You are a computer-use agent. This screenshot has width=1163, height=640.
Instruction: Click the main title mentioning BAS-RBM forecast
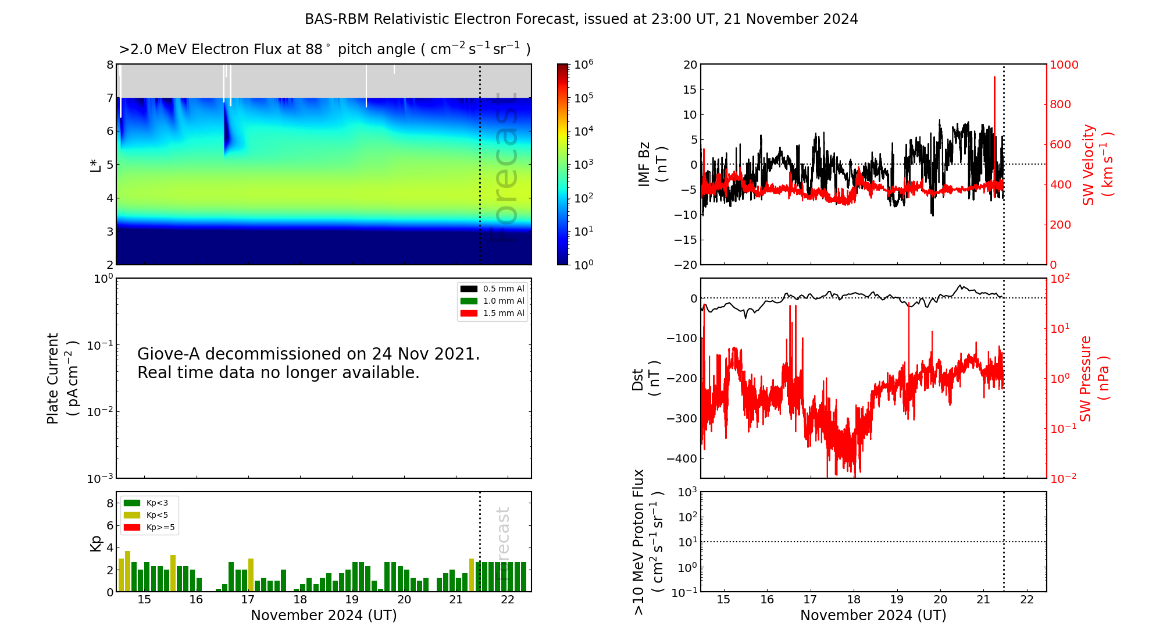point(581,19)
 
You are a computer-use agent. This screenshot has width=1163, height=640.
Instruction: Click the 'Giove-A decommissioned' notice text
point(308,363)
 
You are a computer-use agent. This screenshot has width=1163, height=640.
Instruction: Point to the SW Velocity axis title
point(1097,165)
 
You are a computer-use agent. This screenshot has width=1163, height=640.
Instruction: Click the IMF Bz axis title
point(652,164)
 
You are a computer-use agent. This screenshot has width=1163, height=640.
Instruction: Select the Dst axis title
point(645,379)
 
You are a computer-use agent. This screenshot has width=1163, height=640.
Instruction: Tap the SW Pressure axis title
point(1094,379)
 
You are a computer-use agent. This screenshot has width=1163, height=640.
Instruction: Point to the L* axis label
point(96,165)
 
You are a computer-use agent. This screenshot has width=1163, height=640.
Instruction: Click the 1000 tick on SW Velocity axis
point(1064,65)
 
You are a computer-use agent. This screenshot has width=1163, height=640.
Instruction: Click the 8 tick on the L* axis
point(110,65)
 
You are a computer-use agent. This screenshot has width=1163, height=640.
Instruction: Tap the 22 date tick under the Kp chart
point(508,600)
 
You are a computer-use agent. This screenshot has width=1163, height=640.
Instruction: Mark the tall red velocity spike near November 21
point(994,105)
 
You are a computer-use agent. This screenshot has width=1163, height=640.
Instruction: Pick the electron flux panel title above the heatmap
point(324,49)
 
